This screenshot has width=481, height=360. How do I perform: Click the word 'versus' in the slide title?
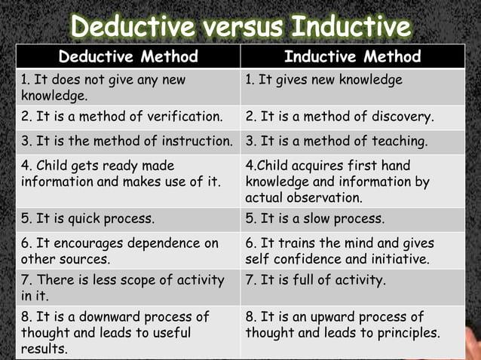[237, 26]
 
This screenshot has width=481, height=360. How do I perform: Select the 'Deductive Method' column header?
[128, 56]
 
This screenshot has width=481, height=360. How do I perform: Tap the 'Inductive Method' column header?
[353, 56]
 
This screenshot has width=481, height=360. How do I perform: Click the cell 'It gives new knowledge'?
[323, 79]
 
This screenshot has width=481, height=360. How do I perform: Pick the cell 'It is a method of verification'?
[122, 117]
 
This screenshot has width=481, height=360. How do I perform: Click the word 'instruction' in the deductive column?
[195, 141]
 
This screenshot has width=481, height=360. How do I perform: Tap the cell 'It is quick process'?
[87, 219]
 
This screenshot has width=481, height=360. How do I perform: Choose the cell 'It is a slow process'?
[315, 219]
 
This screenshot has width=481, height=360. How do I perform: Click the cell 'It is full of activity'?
[316, 280]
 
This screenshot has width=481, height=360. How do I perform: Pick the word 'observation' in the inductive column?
[324, 198]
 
